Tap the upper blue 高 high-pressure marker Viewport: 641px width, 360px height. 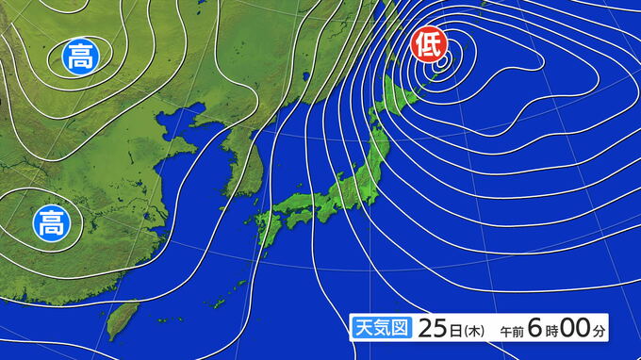[79, 57]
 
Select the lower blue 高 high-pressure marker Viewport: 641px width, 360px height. [49, 223]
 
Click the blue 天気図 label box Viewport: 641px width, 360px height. [380, 329]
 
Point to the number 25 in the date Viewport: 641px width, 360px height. [433, 329]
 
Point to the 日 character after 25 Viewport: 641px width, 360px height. [455, 330]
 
